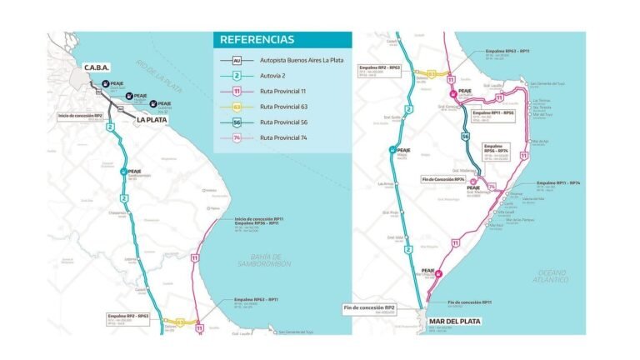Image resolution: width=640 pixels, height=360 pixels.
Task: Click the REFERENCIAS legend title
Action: pyautogui.click(x=257, y=39)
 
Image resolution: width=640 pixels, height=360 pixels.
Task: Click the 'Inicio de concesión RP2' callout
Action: pyautogui.click(x=80, y=117)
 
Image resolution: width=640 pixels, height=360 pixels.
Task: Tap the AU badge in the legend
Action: pyautogui.click(x=237, y=61)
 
